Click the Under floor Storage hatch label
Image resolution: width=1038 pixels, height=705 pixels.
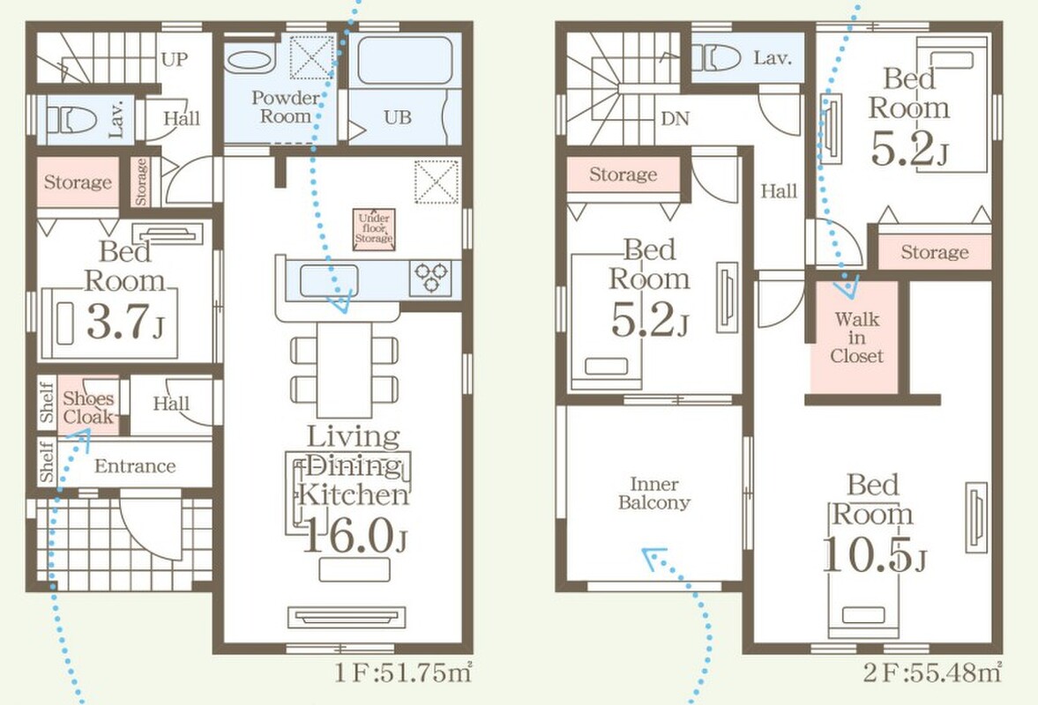374,229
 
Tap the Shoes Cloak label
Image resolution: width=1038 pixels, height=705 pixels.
88,407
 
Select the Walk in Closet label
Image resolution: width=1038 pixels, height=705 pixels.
856,338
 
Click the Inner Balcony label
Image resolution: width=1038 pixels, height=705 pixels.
654,493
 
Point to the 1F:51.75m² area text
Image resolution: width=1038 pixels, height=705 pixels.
403,673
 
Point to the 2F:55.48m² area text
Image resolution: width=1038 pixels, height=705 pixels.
932,673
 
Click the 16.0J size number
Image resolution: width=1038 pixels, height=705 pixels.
355,536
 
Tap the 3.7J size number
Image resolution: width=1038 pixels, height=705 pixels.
125,322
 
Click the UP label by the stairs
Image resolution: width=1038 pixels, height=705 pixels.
174,60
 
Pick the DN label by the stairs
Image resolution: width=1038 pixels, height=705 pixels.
676,118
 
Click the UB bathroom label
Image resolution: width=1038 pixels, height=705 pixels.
398,118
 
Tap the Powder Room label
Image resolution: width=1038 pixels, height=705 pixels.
286,108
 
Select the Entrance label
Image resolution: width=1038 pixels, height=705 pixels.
135,466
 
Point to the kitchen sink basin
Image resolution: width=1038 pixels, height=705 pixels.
329,280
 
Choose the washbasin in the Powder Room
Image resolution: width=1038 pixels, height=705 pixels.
248,61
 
